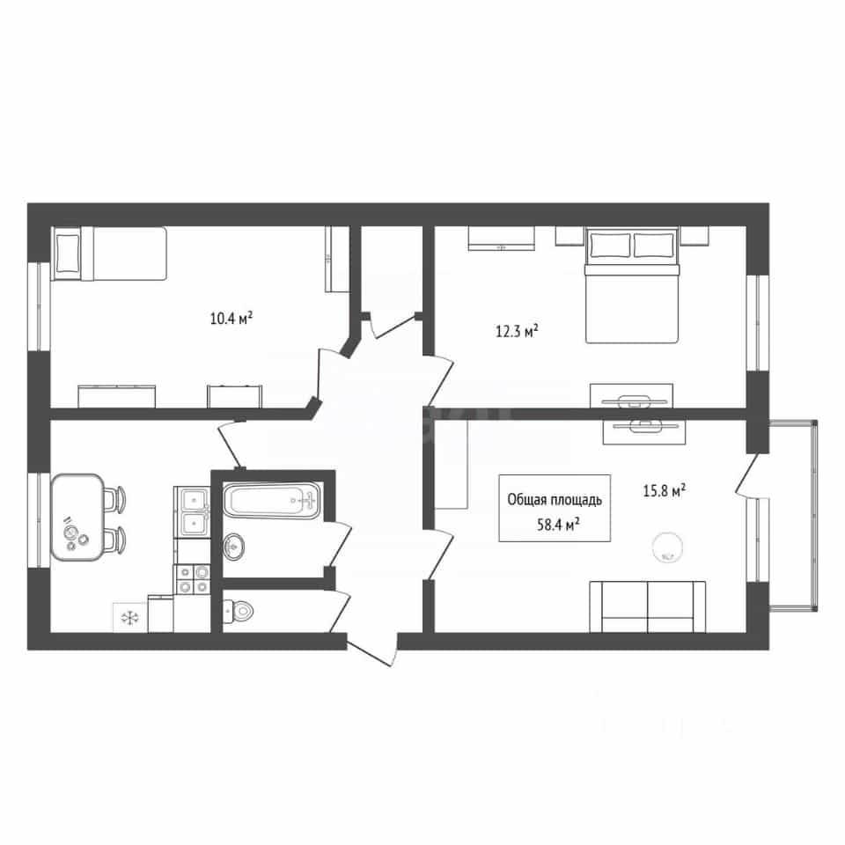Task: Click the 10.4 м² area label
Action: pos(231,318)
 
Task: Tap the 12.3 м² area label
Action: pos(517,330)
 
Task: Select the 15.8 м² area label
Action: pos(664,490)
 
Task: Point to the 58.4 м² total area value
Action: pos(558,524)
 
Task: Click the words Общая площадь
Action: pos(555,500)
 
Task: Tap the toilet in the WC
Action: pos(238,611)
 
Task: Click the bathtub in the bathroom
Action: pos(272,501)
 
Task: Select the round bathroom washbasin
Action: pos(234,547)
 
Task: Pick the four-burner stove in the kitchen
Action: pos(192,579)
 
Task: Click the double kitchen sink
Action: pos(192,511)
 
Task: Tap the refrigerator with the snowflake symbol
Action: pos(130,617)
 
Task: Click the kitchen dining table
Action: pos(77,518)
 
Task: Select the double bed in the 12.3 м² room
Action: pos(632,285)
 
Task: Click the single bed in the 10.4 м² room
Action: pos(109,253)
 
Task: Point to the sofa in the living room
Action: pos(647,606)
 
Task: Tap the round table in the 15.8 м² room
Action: pos(667,547)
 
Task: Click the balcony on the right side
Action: pos(793,515)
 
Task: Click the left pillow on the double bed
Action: pos(610,246)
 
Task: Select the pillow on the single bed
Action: pos(67,253)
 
